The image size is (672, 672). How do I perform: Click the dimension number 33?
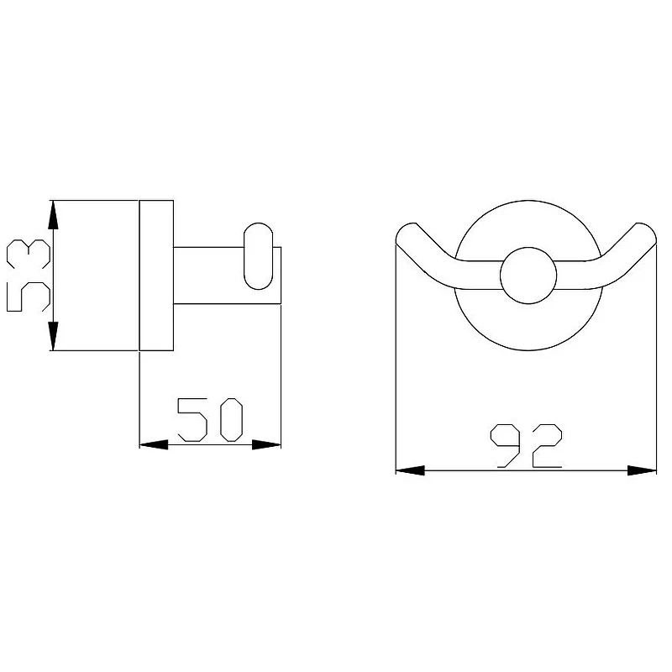[29, 276]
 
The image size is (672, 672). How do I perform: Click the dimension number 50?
[210, 420]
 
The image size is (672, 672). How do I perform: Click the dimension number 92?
[526, 446]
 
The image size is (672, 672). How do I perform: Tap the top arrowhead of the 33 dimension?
[53, 215]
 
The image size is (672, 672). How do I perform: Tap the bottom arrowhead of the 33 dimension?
[53, 336]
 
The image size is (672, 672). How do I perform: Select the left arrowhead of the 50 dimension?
[154, 444]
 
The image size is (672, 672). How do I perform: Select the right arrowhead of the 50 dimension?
[266, 444]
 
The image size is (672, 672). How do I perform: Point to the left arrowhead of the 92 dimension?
[410, 470]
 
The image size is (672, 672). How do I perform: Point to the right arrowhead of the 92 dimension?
[642, 470]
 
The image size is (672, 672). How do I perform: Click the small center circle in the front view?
[528, 276]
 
